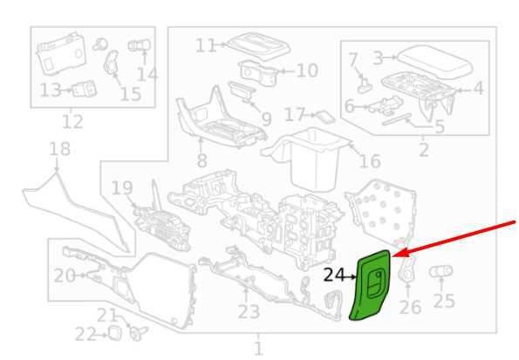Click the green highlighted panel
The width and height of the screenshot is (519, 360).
[371, 285]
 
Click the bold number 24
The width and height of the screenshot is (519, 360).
[335, 275]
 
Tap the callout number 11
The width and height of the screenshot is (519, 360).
[206, 45]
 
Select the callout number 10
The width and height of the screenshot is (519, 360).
[308, 71]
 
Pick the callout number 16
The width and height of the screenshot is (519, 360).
[370, 161]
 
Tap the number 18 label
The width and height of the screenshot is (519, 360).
[59, 149]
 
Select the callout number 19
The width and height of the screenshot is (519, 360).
[122, 188]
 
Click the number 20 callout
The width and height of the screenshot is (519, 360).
[65, 275]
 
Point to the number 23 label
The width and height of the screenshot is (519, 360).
[249, 312]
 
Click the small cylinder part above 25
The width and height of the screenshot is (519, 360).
[441, 271]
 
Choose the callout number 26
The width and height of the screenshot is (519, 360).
[410, 307]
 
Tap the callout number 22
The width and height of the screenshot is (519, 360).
[85, 335]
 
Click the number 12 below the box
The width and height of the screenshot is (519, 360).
[72, 122]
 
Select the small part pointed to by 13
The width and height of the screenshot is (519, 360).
[85, 88]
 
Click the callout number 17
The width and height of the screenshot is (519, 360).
[295, 114]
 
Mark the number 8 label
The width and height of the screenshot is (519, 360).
[201, 161]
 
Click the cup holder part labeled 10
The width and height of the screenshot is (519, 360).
[260, 73]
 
